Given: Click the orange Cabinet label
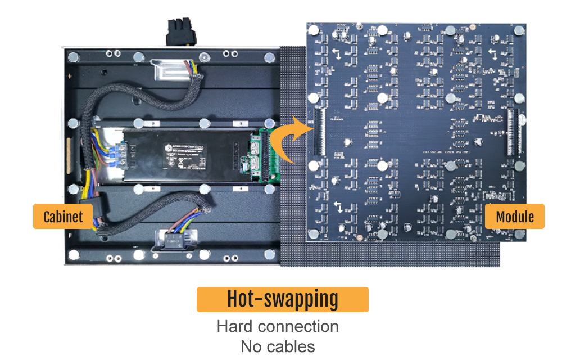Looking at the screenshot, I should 63,217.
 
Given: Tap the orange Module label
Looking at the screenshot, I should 515,216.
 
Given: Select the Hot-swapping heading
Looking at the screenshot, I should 282,299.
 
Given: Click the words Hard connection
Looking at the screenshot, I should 278,326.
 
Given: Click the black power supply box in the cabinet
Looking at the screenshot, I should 185,155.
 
